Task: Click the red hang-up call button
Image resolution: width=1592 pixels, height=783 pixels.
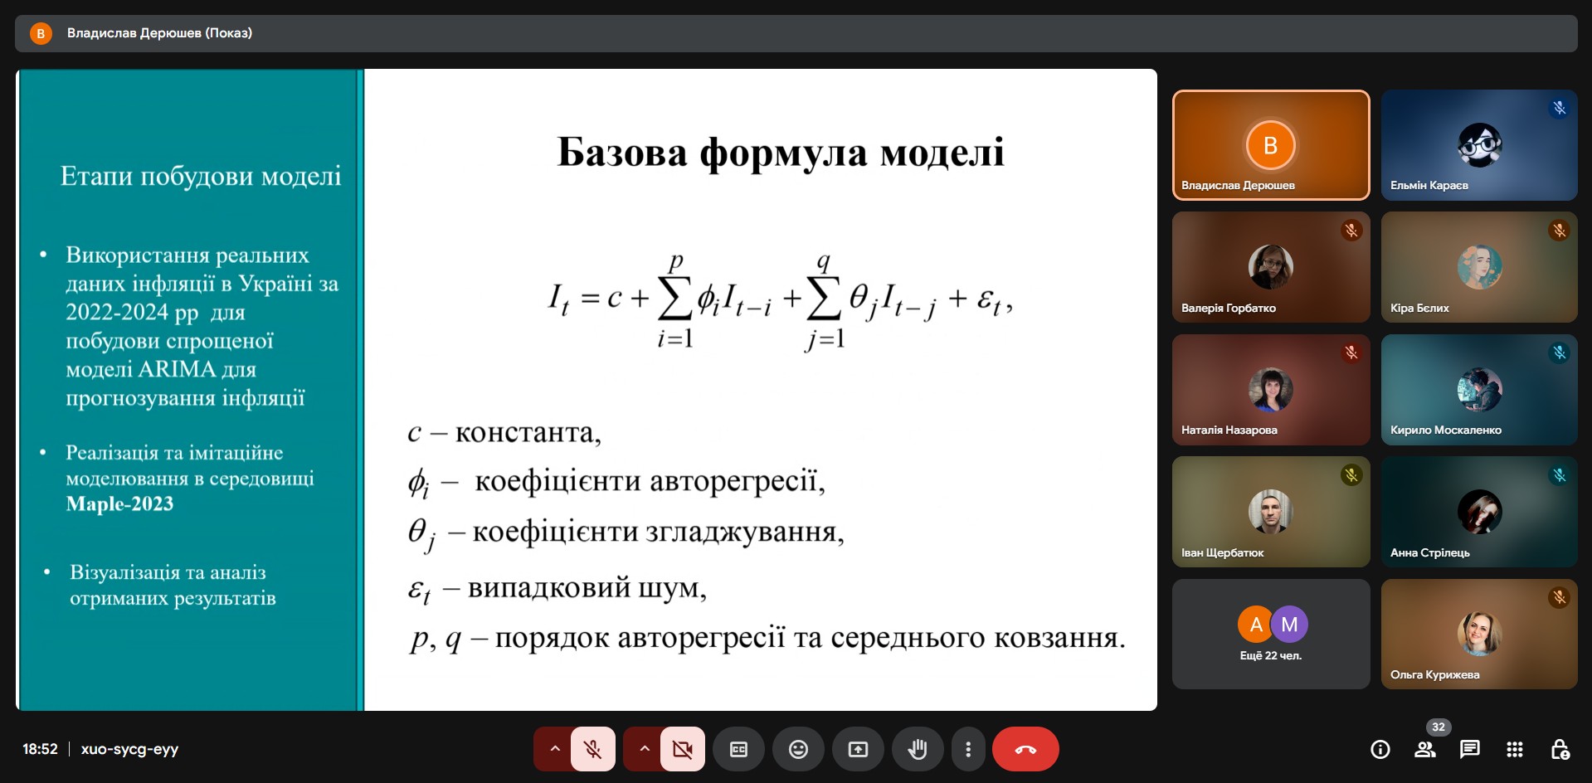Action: (x=1025, y=749)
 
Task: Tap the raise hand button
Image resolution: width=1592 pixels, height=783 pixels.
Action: (x=917, y=749)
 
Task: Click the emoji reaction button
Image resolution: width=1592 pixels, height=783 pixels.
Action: (x=798, y=749)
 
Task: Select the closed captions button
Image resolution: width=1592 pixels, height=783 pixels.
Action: (x=738, y=749)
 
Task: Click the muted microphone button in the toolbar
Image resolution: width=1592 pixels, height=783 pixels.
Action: (x=592, y=749)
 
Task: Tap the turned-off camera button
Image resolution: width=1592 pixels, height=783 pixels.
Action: (x=682, y=749)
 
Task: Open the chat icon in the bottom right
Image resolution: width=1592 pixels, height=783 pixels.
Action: (x=1469, y=749)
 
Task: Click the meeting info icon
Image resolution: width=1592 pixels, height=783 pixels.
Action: (x=1380, y=749)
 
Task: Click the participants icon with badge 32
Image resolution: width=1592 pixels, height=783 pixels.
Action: (x=1425, y=749)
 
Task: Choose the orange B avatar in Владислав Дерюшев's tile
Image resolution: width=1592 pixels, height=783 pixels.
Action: (x=1270, y=145)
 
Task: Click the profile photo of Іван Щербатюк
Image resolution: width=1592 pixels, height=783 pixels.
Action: (x=1270, y=511)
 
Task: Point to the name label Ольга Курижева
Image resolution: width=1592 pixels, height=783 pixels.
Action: (x=1434, y=674)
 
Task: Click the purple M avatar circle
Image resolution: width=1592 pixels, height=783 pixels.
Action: (x=1289, y=625)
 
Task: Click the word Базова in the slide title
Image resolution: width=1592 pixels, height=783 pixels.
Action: (x=621, y=153)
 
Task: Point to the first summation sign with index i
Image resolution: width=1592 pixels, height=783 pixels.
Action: (x=674, y=299)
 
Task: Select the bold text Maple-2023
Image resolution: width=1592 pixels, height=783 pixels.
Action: (x=119, y=503)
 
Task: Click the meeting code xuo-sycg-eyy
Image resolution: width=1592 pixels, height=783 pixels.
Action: (x=129, y=749)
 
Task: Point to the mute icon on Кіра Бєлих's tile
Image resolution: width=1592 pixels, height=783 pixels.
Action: (x=1559, y=230)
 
